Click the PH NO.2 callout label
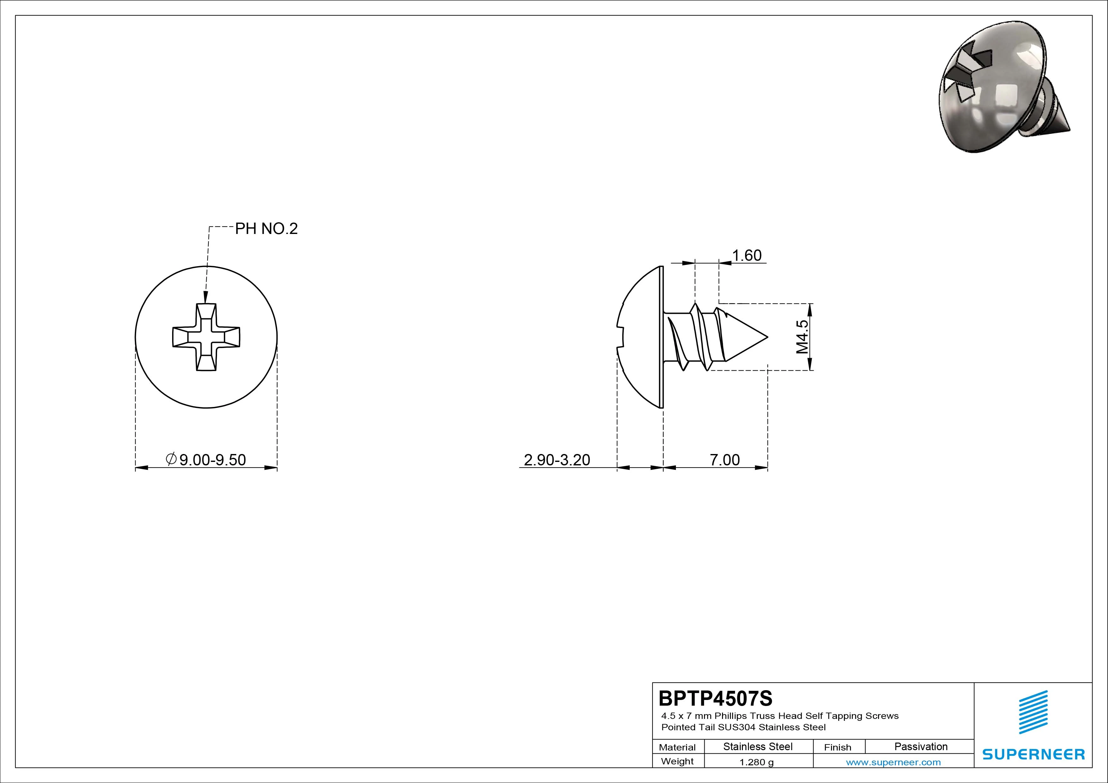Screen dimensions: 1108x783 [266, 229]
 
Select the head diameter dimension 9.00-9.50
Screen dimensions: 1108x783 [212, 460]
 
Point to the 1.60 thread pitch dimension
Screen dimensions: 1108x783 [747, 255]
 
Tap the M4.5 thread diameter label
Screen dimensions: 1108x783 [802, 337]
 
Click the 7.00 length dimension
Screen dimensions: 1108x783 [724, 460]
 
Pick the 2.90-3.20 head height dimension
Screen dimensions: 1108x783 [557, 460]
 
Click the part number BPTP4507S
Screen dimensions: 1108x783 [715, 698]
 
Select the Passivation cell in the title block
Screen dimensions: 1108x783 [921, 746]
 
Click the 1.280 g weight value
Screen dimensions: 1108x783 [756, 762]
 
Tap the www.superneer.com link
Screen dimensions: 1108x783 [893, 762]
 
